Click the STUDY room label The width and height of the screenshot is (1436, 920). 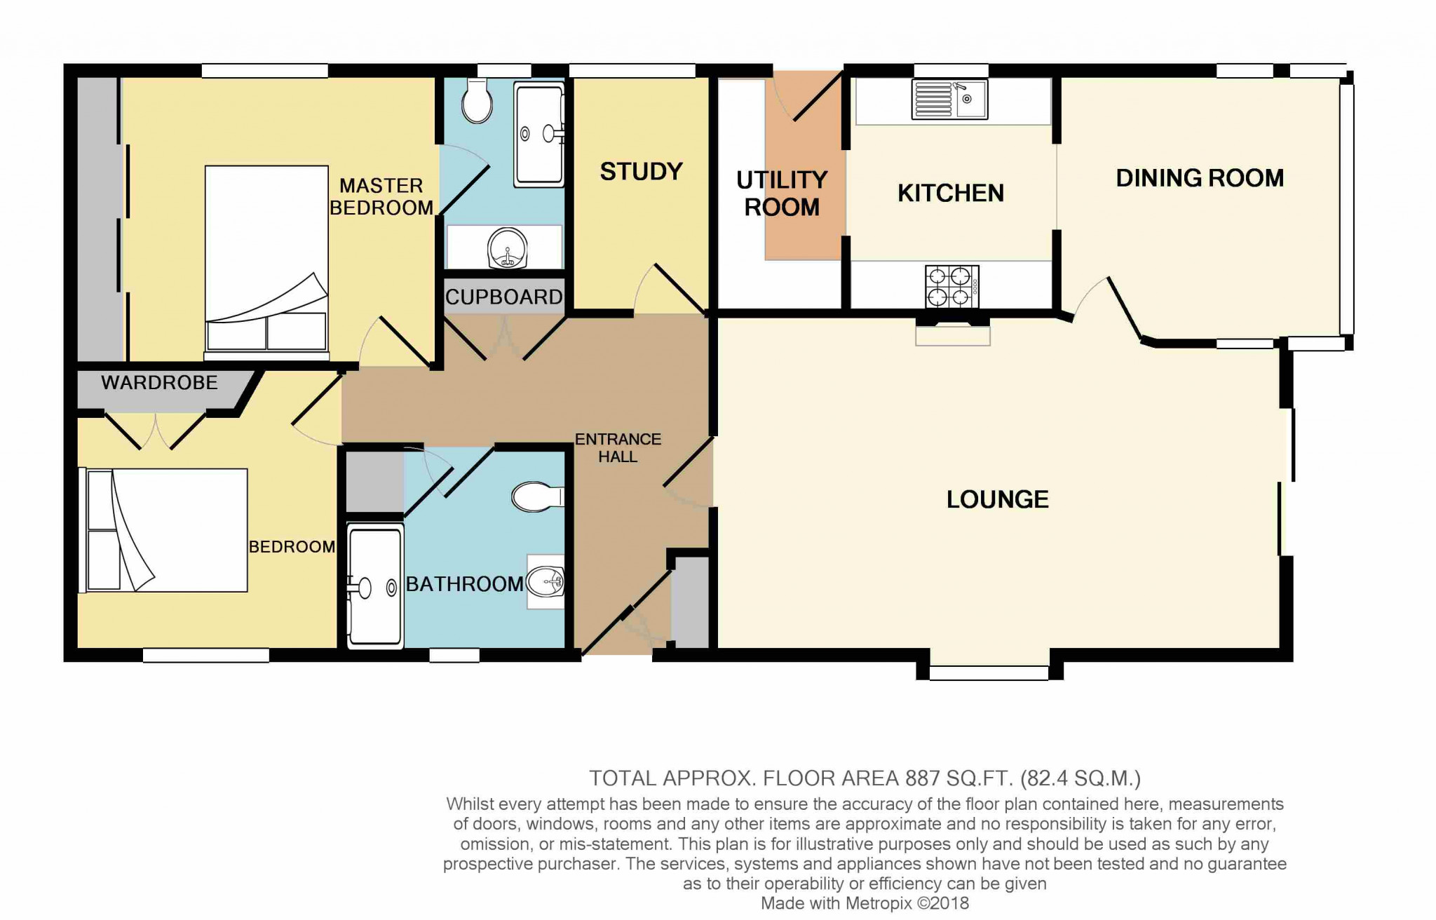pyautogui.click(x=641, y=172)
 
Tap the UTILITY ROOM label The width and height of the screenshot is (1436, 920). pyautogui.click(x=782, y=194)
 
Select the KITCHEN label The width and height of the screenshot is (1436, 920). pyautogui.click(x=951, y=194)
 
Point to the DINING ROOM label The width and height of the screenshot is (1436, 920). pyautogui.click(x=1200, y=178)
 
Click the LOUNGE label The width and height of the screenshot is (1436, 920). pyautogui.click(x=998, y=499)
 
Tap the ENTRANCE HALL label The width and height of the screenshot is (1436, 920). pyautogui.click(x=618, y=448)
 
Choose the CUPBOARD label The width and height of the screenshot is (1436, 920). pyautogui.click(x=504, y=297)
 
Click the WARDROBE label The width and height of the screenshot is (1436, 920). pyautogui.click(x=159, y=383)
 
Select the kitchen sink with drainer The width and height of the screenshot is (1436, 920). pyautogui.click(x=949, y=99)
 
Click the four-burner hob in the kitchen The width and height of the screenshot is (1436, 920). pyautogui.click(x=952, y=287)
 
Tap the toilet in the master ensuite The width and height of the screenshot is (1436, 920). pyautogui.click(x=477, y=100)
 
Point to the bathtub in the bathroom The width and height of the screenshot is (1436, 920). pyautogui.click(x=376, y=586)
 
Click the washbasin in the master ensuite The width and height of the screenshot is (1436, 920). pyautogui.click(x=505, y=248)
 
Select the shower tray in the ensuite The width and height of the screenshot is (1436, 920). pyautogui.click(x=539, y=135)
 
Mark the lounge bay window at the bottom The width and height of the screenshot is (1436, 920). pyautogui.click(x=989, y=672)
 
